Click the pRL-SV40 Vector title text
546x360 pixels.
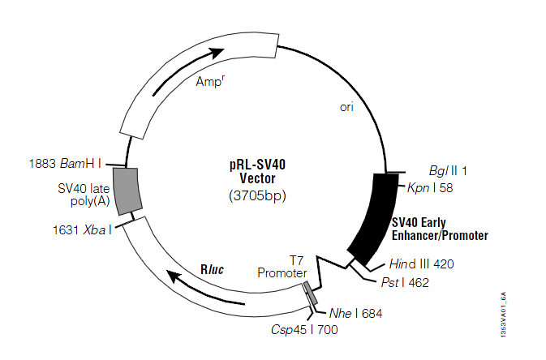click(257, 171)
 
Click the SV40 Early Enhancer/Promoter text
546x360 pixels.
click(440, 229)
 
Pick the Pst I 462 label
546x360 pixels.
click(404, 282)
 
